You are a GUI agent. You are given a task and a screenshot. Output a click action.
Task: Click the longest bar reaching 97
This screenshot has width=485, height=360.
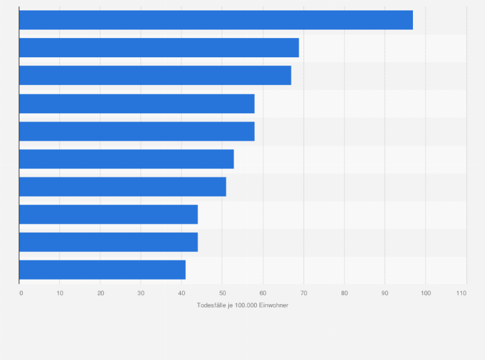(215, 20)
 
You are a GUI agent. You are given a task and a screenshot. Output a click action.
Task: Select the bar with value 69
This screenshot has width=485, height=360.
(159, 48)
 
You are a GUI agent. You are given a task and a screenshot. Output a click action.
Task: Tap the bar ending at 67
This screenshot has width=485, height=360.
(155, 75)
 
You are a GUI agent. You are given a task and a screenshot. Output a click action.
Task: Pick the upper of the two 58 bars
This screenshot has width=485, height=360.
(136, 104)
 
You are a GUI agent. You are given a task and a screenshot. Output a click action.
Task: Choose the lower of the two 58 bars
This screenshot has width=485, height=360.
(136, 131)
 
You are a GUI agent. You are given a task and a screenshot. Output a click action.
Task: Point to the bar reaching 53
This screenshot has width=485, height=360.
(126, 159)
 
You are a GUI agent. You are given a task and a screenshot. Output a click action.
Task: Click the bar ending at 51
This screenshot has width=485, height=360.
(122, 186)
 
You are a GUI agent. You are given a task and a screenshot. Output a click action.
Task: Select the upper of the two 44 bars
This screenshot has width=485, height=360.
(108, 214)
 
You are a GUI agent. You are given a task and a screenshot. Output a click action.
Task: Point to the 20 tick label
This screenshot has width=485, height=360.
(100, 293)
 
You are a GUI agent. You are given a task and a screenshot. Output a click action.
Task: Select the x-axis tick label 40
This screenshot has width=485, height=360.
(182, 293)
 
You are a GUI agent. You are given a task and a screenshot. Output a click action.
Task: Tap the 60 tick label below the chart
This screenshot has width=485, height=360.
(263, 293)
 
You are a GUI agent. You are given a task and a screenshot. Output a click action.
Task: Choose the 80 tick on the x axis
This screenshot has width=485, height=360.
(344, 293)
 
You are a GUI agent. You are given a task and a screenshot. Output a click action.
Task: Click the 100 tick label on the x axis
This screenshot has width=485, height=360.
(425, 293)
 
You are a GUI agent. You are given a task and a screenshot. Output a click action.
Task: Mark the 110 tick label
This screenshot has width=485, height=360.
(461, 293)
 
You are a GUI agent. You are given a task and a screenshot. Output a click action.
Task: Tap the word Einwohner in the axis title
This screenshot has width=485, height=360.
(273, 305)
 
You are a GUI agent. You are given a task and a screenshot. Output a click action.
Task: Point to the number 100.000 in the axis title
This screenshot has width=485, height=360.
(245, 305)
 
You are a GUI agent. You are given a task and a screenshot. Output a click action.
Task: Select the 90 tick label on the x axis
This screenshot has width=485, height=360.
(385, 293)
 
